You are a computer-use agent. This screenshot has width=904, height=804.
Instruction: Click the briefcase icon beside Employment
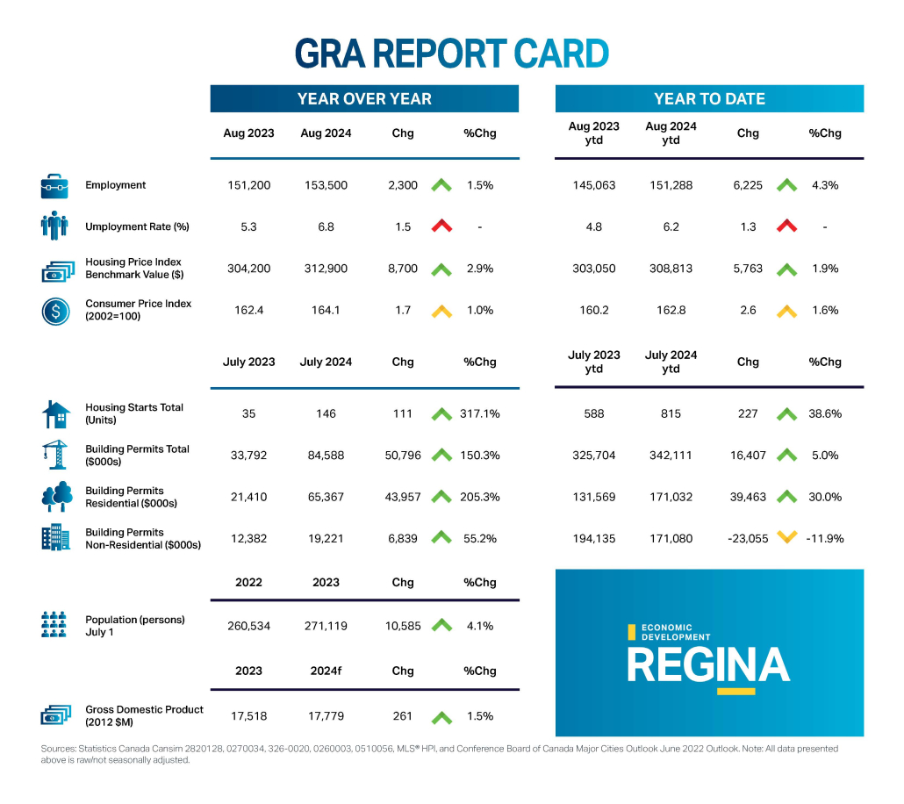pyautogui.click(x=54, y=186)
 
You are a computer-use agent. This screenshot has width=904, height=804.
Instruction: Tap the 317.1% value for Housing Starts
pyautogui.click(x=479, y=413)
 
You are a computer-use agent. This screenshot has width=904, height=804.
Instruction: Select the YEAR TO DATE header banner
pyautogui.click(x=709, y=98)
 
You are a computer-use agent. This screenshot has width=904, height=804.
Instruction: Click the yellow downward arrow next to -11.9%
pyautogui.click(x=787, y=538)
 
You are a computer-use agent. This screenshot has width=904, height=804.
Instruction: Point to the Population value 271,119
pyautogui.click(x=326, y=626)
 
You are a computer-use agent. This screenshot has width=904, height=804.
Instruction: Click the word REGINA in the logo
pyautogui.click(x=708, y=664)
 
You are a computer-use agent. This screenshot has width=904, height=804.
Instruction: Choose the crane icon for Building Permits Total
pyautogui.click(x=54, y=455)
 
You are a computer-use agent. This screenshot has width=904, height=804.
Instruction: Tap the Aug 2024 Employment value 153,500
pyautogui.click(x=326, y=185)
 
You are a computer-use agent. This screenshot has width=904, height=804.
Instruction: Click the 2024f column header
pyautogui.click(x=326, y=671)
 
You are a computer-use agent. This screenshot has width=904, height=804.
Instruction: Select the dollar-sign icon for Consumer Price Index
pyautogui.click(x=54, y=311)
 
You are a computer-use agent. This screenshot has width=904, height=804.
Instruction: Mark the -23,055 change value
pyautogui.click(x=748, y=538)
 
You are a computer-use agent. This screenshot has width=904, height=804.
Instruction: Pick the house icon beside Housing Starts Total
pyautogui.click(x=54, y=413)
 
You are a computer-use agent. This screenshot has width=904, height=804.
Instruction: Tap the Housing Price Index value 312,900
pyautogui.click(x=326, y=269)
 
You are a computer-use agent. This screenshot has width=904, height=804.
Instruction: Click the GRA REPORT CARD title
pyautogui.click(x=451, y=54)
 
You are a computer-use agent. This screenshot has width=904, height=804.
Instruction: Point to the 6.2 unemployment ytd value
pyautogui.click(x=671, y=226)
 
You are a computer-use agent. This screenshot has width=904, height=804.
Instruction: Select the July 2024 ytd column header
pyautogui.click(x=671, y=362)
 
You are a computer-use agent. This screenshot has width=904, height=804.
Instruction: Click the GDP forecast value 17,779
pyautogui.click(x=326, y=716)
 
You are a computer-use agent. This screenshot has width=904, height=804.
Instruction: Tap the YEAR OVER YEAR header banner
pyautogui.click(x=364, y=98)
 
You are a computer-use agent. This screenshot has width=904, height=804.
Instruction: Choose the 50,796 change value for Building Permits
pyautogui.click(x=403, y=455)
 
